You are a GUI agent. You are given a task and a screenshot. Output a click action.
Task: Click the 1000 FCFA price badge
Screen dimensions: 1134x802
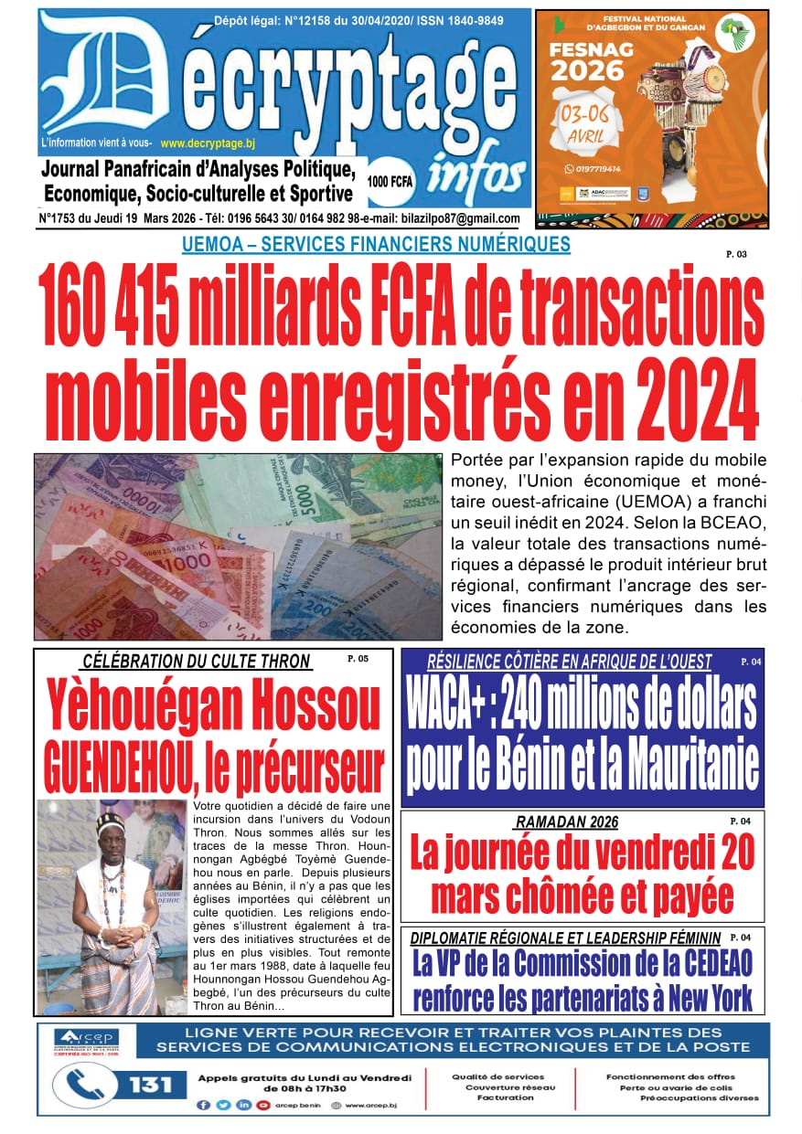(x=390, y=181)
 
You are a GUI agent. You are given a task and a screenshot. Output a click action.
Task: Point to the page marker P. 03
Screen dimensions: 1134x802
(x=736, y=254)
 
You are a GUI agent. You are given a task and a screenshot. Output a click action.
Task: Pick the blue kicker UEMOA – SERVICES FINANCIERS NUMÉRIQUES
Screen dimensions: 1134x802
(x=376, y=244)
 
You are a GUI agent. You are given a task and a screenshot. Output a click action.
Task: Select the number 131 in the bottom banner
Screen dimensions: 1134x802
(x=150, y=1085)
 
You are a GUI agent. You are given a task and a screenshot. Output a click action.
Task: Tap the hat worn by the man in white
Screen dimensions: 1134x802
(x=111, y=821)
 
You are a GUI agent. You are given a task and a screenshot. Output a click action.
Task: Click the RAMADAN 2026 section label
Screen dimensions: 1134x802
(x=566, y=821)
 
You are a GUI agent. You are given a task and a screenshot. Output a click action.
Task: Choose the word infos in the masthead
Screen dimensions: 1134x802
(x=476, y=173)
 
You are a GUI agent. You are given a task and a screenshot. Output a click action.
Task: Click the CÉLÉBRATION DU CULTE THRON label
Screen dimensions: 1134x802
(x=197, y=661)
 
